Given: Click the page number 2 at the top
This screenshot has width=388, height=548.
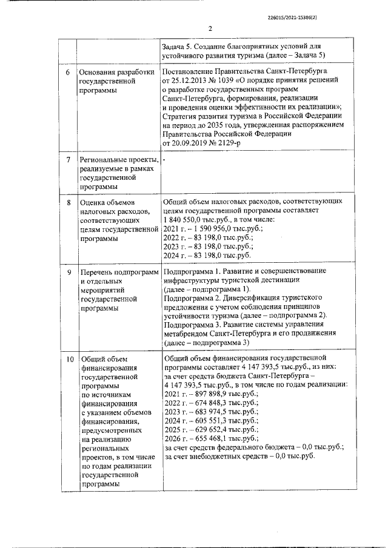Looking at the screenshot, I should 210,28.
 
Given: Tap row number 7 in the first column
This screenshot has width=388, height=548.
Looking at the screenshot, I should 68,160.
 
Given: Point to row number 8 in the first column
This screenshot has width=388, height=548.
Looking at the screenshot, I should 68,203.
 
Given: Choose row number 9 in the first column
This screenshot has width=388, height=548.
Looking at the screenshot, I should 68,272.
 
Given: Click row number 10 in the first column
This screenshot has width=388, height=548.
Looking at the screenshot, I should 69,360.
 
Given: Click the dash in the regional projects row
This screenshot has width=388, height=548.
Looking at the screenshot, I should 164,159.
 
